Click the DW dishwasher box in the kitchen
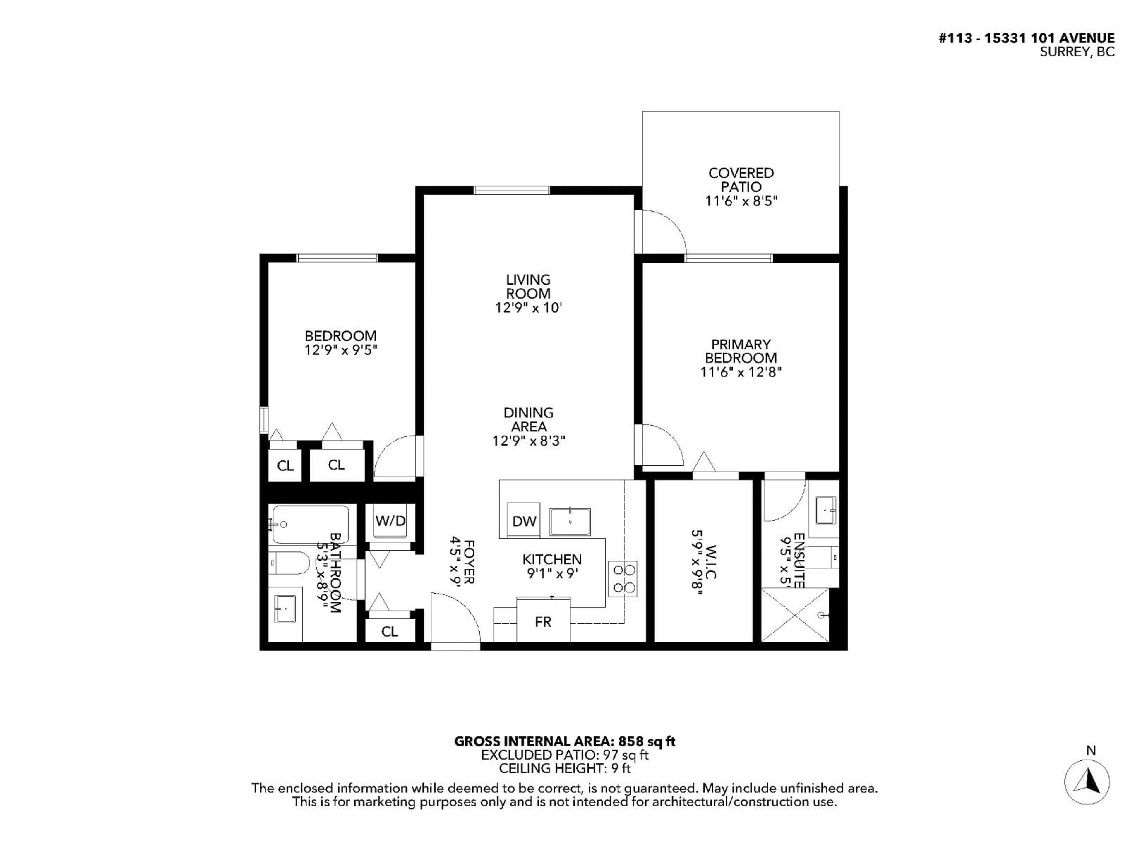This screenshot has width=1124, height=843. pos(524,520)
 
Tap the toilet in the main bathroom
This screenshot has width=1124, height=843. pos(289,563)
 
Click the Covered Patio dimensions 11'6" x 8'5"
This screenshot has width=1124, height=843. pos(741,201)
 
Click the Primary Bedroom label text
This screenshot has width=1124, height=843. pos(740,351)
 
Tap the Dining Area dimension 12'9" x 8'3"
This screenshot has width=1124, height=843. pos(528,441)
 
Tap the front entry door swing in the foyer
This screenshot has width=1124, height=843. pos(455,619)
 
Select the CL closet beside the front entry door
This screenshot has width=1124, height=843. pos(390,631)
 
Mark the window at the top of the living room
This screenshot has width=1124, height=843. pos(512,190)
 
